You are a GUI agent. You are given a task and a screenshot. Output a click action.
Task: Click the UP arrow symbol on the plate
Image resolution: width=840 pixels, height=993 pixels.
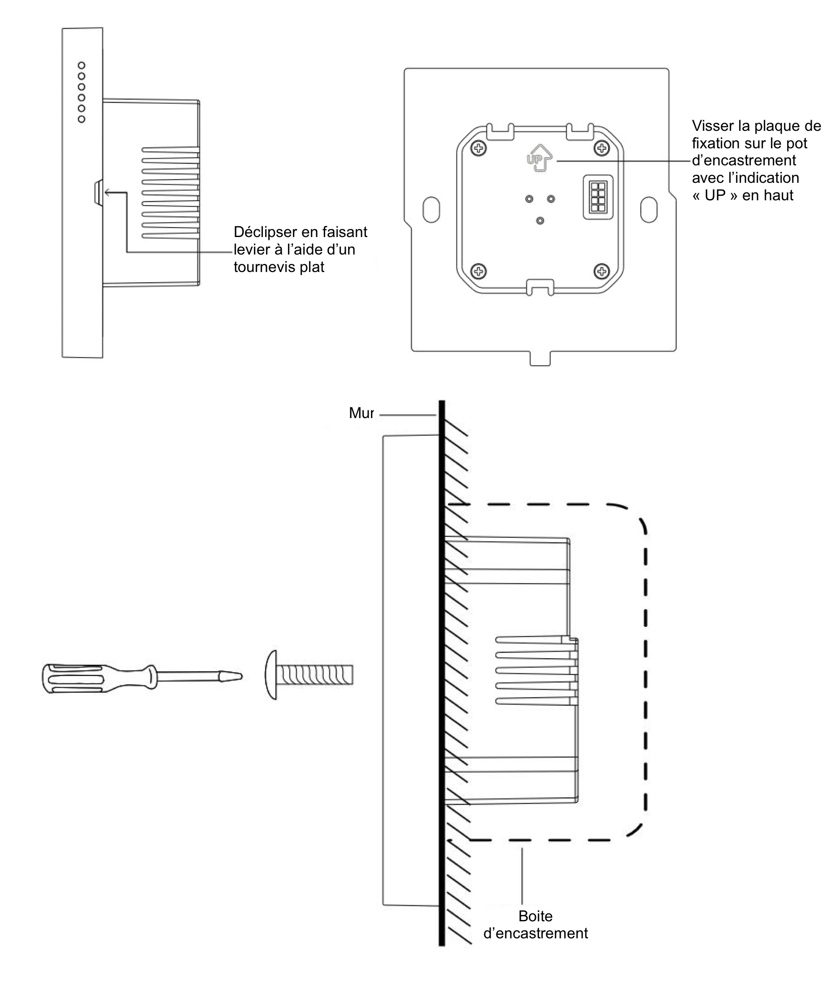pyautogui.click(x=539, y=158)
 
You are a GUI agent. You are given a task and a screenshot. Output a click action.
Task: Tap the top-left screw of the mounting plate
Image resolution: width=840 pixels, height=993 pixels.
pyautogui.click(x=478, y=148)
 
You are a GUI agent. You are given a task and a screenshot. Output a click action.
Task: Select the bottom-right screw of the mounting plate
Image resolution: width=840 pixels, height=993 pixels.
pyautogui.click(x=601, y=272)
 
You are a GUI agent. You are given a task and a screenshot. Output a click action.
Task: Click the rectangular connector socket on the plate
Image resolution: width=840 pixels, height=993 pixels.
pyautogui.click(x=598, y=197)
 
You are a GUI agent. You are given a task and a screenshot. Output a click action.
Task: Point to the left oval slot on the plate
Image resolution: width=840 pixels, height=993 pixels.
pyautogui.click(x=431, y=209)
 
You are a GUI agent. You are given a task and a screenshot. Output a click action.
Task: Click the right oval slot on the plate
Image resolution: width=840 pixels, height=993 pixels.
pyautogui.click(x=648, y=209)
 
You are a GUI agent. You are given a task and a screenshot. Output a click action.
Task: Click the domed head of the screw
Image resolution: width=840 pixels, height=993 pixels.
pyautogui.click(x=271, y=675)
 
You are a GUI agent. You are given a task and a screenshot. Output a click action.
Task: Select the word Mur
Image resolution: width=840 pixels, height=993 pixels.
pyautogui.click(x=361, y=413)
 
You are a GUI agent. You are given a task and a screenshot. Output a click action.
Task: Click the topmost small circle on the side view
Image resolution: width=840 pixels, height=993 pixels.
pyautogui.click(x=82, y=65)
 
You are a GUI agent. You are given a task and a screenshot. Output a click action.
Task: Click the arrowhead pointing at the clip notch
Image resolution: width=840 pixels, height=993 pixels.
pyautogui.click(x=107, y=192)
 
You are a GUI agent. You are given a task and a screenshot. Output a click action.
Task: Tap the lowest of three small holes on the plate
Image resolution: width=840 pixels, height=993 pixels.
pyautogui.click(x=540, y=221)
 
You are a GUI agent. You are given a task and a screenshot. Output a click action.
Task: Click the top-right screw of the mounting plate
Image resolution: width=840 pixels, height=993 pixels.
pyautogui.click(x=601, y=148)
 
